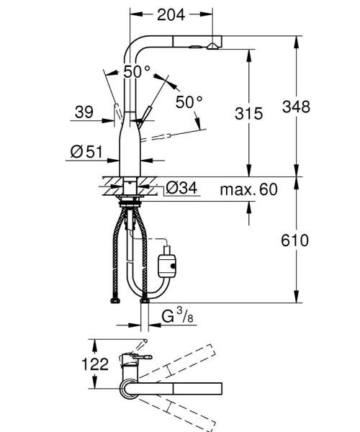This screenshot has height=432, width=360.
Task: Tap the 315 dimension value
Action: [x=248, y=112]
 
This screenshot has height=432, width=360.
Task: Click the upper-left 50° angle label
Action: [x=137, y=72]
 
